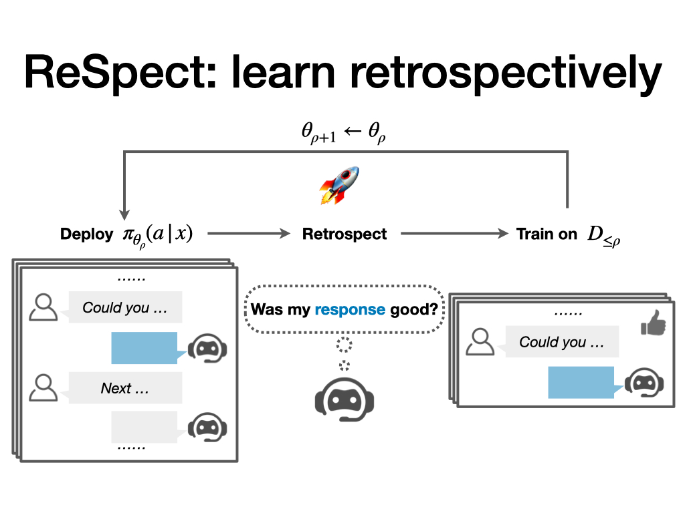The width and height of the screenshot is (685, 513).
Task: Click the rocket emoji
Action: (339, 185)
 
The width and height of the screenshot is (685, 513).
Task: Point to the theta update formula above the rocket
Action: (344, 134)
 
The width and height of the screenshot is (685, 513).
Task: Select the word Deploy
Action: (86, 234)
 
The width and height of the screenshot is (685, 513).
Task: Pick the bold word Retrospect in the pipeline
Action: (345, 234)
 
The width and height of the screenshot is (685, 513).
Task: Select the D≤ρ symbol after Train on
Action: (603, 235)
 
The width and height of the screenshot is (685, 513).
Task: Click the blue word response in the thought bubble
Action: (350, 309)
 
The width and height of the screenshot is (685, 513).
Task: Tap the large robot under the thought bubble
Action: (345, 399)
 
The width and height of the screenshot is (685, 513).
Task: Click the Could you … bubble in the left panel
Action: (125, 308)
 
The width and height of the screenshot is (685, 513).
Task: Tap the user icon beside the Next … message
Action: (43, 387)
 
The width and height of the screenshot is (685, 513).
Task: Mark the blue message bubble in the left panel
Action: (144, 348)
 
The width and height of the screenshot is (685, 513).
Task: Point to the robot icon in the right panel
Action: (645, 383)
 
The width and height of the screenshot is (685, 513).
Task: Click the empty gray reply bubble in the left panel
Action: (144, 427)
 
